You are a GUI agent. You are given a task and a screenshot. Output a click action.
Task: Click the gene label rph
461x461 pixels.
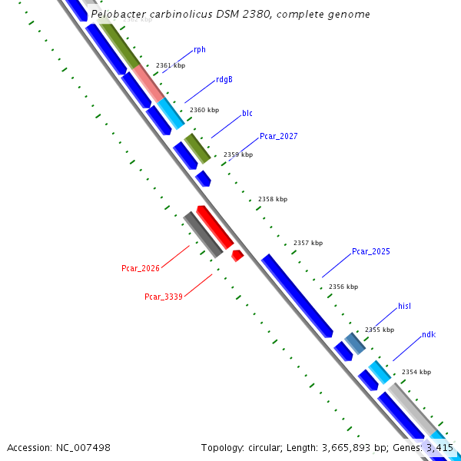tap(200, 49)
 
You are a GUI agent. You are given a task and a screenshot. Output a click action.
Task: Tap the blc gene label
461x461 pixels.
tap(247, 113)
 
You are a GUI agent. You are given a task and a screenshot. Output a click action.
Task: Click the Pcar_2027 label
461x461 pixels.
tap(278, 136)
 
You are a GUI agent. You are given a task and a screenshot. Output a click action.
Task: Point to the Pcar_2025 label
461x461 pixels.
tap(371, 251)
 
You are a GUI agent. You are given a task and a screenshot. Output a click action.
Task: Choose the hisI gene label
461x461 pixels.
tap(405, 306)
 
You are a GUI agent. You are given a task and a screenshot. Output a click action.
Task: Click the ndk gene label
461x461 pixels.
tap(428, 335)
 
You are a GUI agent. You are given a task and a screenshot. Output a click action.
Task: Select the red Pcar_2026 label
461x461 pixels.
tap(141, 268)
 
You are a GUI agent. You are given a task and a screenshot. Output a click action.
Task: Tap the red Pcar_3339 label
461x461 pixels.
tap(164, 296)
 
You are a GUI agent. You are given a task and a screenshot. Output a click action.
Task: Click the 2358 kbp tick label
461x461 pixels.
tap(273, 199)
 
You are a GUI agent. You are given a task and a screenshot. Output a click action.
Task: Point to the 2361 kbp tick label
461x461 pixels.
tap(171, 66)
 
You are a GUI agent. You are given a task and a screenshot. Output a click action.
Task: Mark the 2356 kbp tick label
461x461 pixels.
tap(343, 287)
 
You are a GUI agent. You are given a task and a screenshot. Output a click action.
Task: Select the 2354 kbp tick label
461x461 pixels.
tap(416, 372)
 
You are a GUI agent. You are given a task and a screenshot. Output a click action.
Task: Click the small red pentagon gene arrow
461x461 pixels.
tap(237, 255)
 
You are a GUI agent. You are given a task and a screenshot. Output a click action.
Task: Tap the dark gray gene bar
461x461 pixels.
tap(203, 234)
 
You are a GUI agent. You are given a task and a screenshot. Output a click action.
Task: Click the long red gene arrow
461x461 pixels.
tap(214, 226)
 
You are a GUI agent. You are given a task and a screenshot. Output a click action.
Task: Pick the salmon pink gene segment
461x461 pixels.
tap(148, 83)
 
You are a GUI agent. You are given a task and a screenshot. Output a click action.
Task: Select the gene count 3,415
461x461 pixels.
tap(439, 447)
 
